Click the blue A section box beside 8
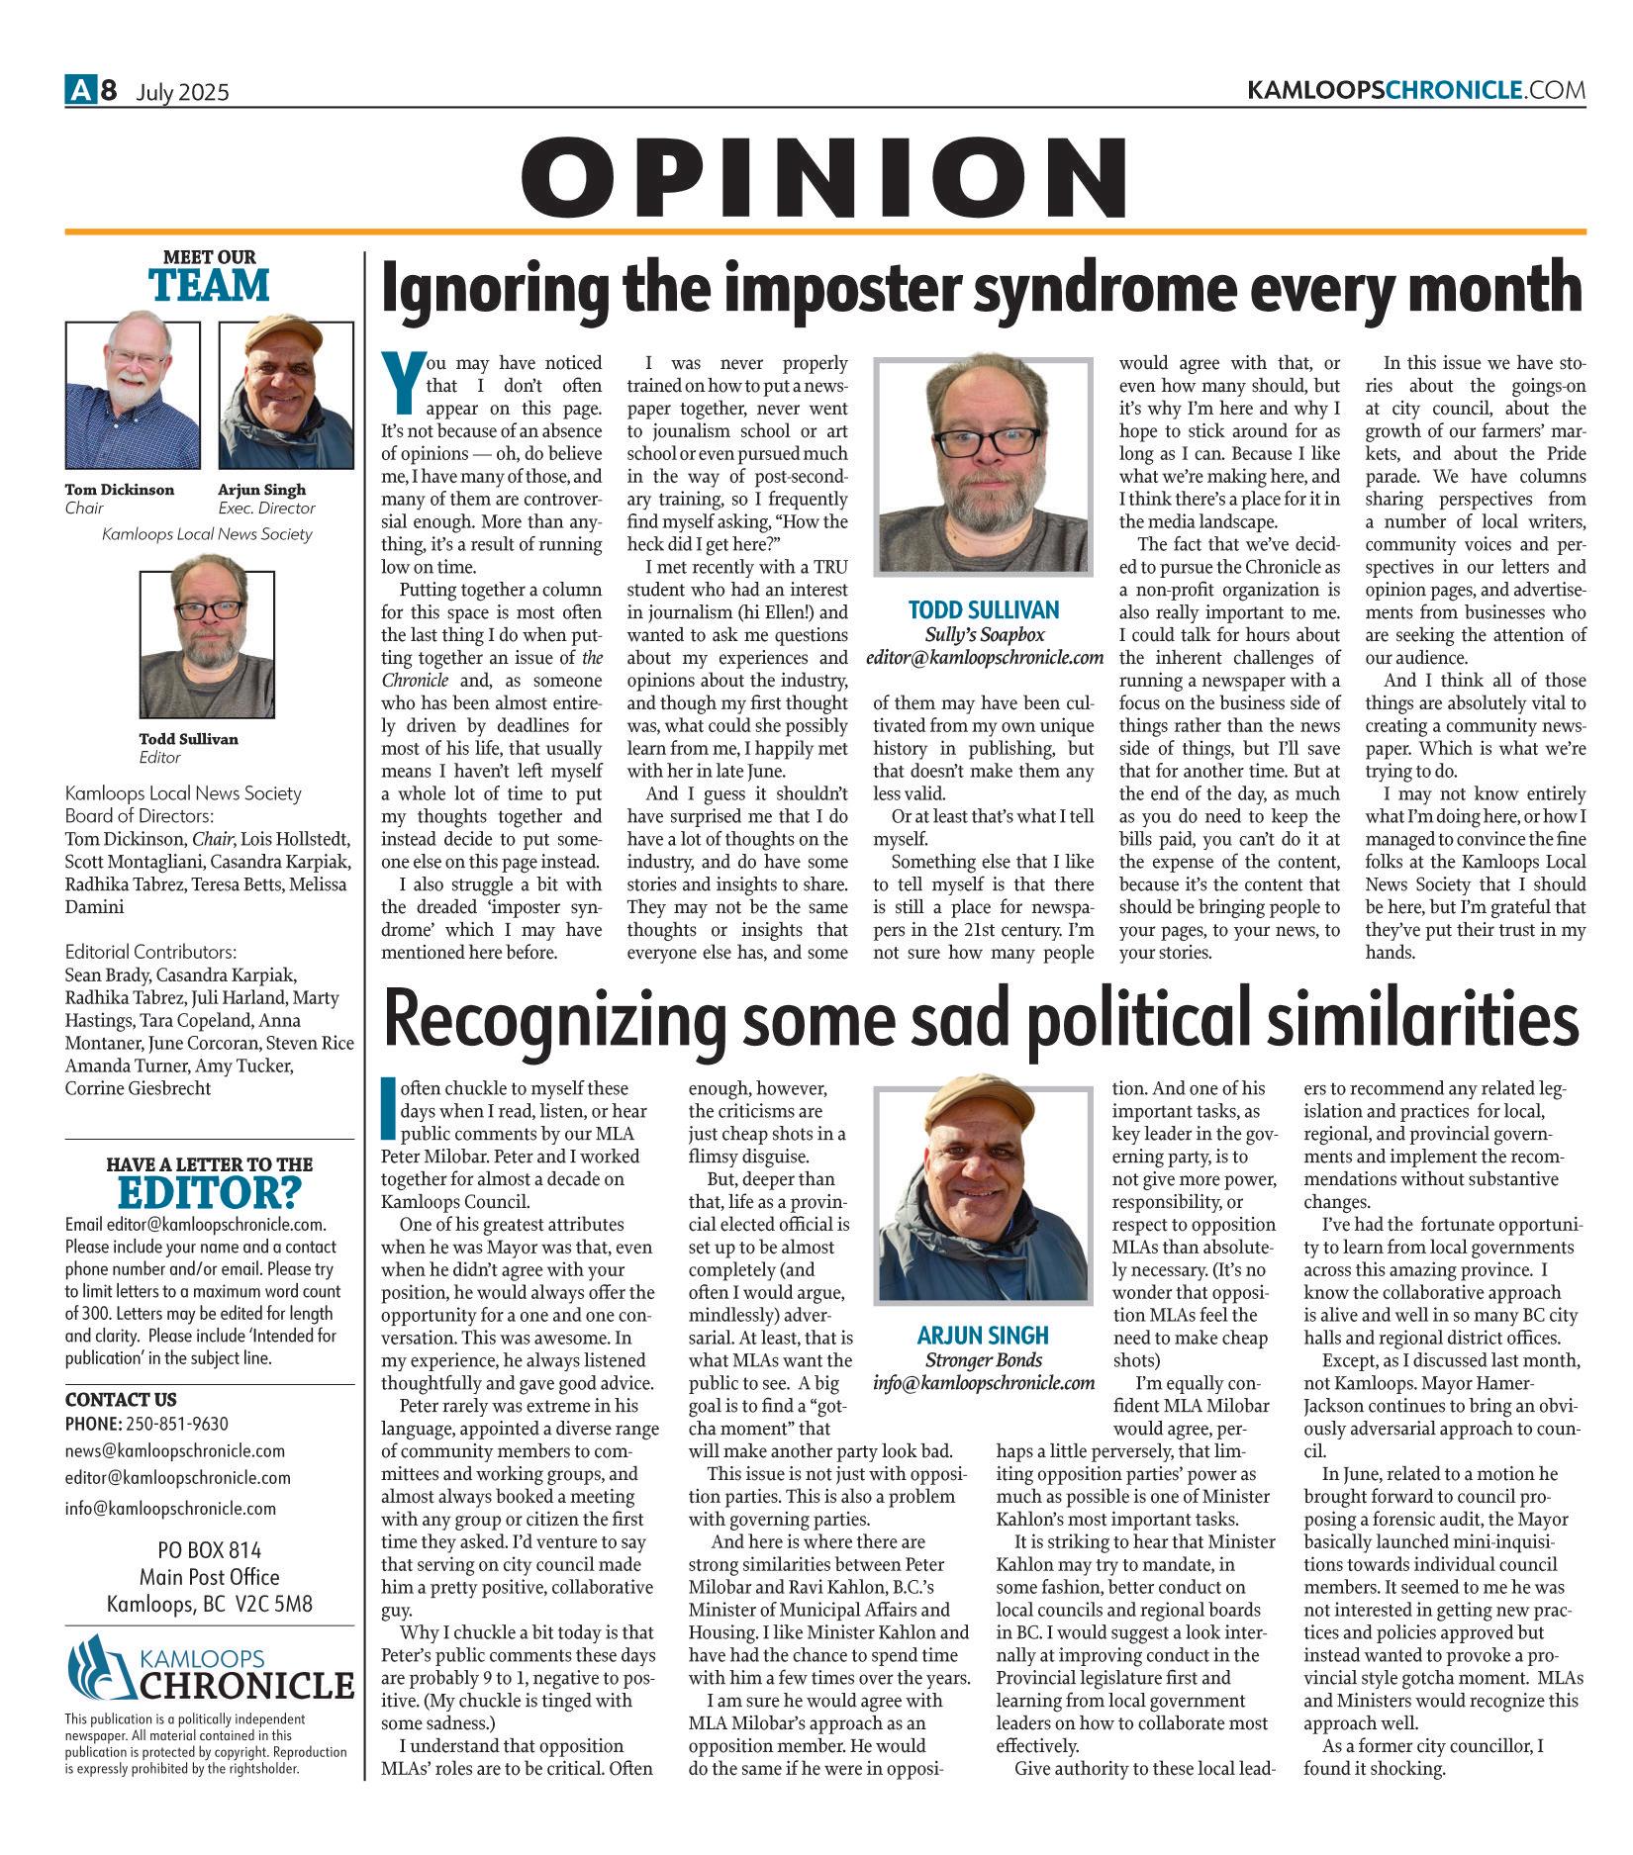pos(79,91)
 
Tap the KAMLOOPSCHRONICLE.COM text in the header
pos(1416,91)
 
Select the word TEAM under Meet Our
pos(209,285)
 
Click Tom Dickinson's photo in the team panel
pos(133,394)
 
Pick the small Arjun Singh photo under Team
pos(285,394)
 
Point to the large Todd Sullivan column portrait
pos(984,468)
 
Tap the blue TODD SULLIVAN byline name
pos(984,609)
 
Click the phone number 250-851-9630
pos(175,1424)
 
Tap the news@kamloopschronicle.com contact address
pos(174,1451)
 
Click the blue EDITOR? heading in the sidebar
pos(209,1193)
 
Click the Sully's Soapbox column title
pos(984,634)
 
